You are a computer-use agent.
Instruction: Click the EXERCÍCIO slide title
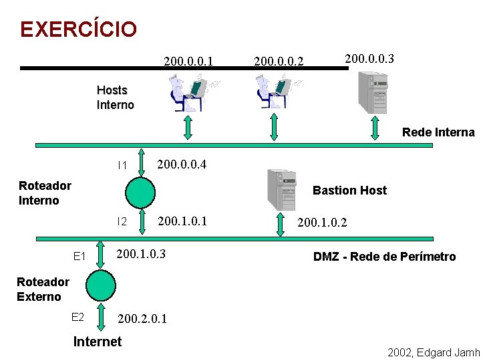coord(78,29)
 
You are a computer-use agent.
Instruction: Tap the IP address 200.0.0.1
coord(188,62)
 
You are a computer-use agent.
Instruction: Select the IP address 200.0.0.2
coord(279,62)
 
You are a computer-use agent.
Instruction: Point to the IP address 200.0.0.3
coord(369,59)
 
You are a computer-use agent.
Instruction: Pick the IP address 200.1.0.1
coord(182,221)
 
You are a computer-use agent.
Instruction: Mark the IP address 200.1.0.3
coord(141,254)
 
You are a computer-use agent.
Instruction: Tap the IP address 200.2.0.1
coord(142,319)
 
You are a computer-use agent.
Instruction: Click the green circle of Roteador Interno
coord(140,192)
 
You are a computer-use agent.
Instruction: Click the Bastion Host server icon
coord(281,189)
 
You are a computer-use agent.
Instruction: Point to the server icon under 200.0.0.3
coord(373,92)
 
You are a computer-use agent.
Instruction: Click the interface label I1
coord(122,165)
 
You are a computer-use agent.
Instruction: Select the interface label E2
coord(77,317)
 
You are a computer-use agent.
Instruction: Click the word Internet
coord(98,342)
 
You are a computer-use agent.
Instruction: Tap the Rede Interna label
coord(438,132)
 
